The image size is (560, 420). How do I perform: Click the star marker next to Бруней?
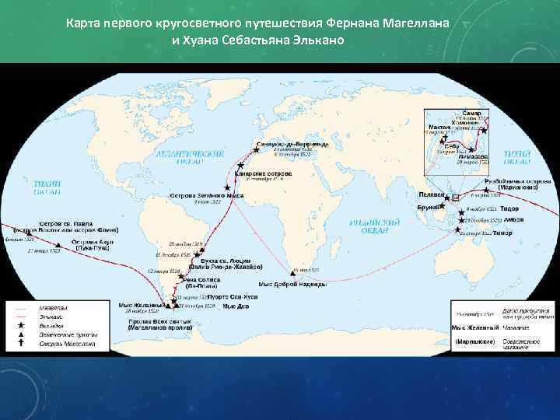tap(445, 207)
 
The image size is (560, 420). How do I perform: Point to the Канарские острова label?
tap(268, 173)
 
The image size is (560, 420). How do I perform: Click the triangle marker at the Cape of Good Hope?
tap(293, 271)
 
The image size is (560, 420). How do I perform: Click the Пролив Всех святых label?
tap(156, 323)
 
